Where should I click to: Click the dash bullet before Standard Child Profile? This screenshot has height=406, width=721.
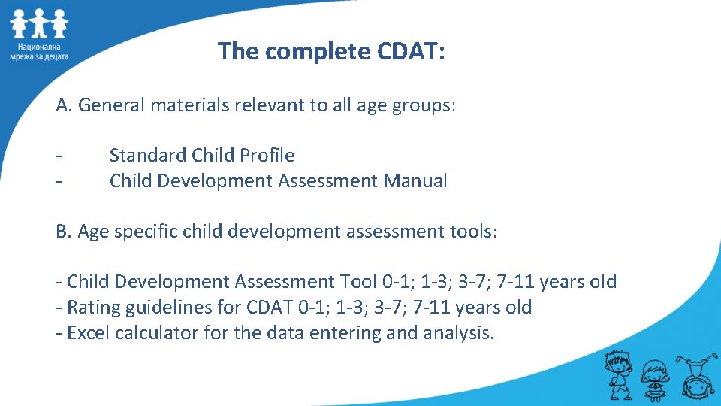point(59,156)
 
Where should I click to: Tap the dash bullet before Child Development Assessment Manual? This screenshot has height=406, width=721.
point(59,181)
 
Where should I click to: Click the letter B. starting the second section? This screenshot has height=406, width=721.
point(65,232)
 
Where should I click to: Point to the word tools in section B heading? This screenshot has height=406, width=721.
point(472,232)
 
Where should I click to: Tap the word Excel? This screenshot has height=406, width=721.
point(89,333)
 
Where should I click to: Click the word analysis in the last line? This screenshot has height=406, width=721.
point(461,333)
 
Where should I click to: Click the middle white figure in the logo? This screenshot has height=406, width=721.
point(39,25)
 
